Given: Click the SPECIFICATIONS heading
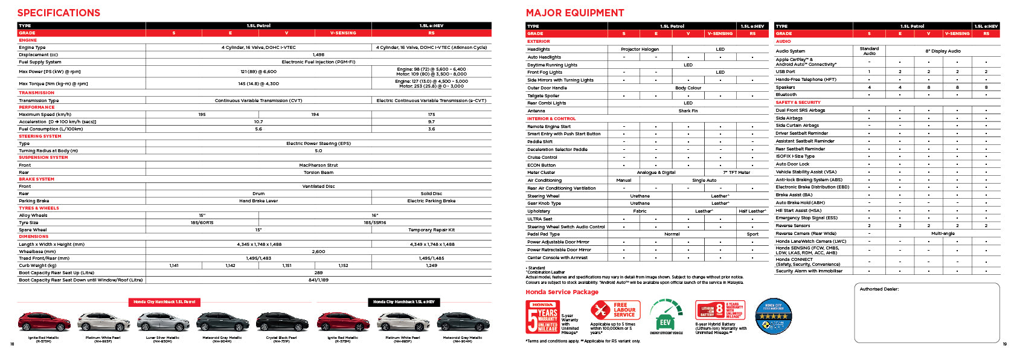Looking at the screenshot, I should point(59,13).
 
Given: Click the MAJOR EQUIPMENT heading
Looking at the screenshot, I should point(575,13).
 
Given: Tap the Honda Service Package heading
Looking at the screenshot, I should point(562,292).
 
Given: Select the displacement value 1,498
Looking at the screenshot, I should point(318,54).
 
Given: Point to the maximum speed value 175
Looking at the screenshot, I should point(431,114).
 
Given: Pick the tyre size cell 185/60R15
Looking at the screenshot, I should point(202,222).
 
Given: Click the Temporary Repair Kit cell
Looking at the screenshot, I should point(431,230).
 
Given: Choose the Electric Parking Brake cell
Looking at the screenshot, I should point(431,201).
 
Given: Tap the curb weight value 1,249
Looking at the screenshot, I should point(431,265).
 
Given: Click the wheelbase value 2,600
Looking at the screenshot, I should point(318,251).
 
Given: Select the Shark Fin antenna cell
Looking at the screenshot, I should point(688,111).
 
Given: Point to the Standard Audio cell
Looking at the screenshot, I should point(869,51).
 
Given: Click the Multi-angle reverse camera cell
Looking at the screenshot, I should point(942,233).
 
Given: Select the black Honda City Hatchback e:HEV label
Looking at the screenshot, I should point(403,301).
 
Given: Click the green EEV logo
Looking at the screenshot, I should point(666,315).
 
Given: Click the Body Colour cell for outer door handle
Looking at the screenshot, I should point(688,88).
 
